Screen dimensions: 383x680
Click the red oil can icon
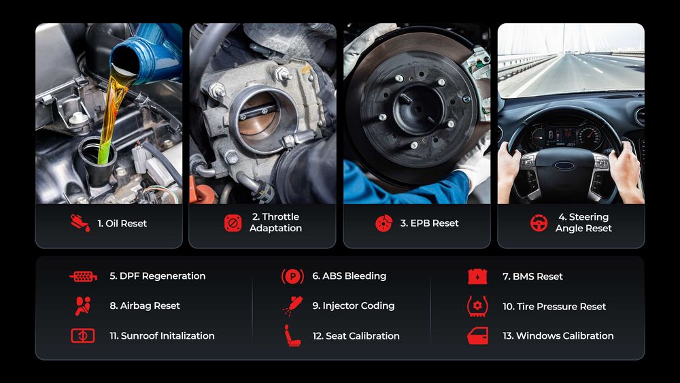[80, 223]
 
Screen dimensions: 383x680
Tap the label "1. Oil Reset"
[122, 223]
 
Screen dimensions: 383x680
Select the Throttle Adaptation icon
[233, 223]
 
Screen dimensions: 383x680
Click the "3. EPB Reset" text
[429, 223]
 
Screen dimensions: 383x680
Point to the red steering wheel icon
[539, 223]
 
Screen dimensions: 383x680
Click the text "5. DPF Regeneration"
[157, 276]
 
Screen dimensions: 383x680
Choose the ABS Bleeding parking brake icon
[292, 276]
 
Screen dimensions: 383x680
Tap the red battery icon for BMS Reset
[477, 276]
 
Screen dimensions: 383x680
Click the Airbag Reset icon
[83, 306]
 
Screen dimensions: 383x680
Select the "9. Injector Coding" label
[353, 306]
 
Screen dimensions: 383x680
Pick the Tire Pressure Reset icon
[477, 306]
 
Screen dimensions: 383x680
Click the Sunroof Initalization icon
[83, 335]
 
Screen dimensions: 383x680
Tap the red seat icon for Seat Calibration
[292, 335]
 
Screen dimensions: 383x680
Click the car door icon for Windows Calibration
[477, 335]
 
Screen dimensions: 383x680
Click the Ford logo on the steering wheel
[564, 165]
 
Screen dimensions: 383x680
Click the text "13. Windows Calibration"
[564, 336]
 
